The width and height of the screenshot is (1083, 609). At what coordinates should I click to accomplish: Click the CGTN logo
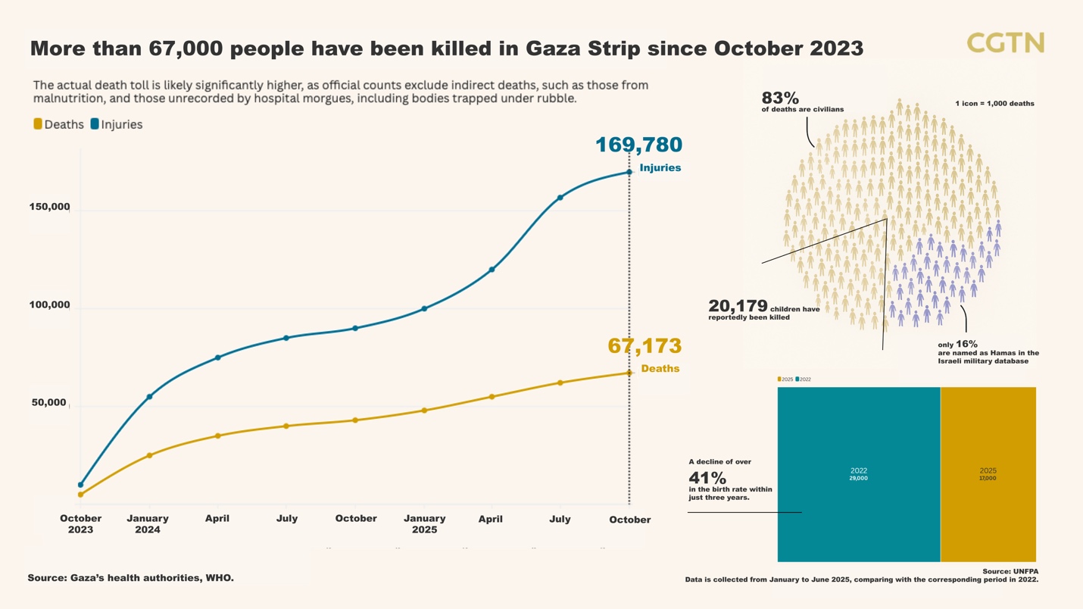click(1005, 43)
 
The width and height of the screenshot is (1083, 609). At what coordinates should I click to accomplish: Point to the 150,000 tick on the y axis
click(49, 207)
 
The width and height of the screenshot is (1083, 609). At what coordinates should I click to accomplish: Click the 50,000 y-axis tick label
click(49, 402)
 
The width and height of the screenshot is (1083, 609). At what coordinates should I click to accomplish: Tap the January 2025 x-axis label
click(424, 524)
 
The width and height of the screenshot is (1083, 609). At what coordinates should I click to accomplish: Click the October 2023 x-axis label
click(80, 524)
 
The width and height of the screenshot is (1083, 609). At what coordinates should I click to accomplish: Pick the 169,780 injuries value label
click(638, 145)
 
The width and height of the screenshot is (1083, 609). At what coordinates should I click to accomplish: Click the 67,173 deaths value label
click(644, 346)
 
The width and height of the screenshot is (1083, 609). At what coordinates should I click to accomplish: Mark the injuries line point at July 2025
click(560, 198)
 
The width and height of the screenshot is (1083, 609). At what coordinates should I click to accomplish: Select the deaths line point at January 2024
click(149, 455)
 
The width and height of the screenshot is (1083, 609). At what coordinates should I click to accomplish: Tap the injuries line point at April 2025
click(492, 270)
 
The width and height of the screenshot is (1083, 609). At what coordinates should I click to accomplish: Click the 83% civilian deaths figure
click(780, 98)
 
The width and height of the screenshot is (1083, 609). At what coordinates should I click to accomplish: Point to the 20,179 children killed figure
click(738, 306)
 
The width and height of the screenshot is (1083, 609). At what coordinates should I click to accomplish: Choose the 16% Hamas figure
click(966, 344)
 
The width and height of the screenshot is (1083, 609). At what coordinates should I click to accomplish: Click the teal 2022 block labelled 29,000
click(858, 474)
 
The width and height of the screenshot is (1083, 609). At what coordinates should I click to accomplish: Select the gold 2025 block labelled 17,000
click(988, 474)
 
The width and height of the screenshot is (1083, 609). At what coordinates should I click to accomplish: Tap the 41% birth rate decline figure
click(707, 478)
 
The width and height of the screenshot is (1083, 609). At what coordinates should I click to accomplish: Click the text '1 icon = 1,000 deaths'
click(994, 103)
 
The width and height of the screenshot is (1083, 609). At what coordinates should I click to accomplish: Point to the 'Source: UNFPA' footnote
click(1010, 571)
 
